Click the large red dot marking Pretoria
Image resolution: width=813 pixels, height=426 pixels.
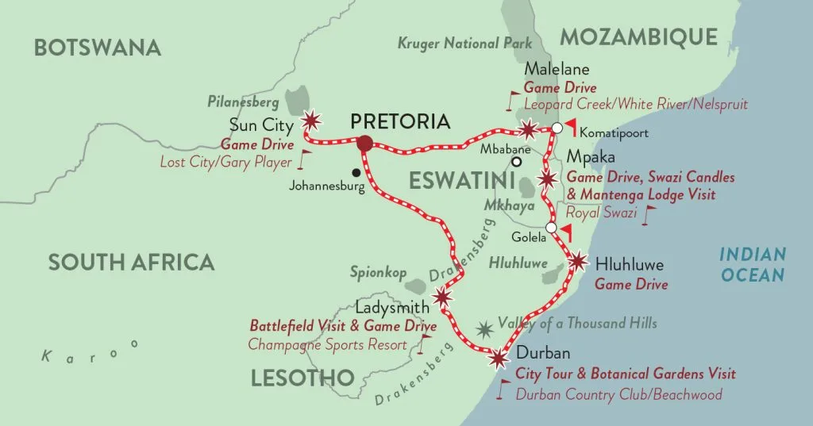click(364, 143)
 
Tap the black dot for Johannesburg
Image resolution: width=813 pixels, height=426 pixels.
click(356, 172)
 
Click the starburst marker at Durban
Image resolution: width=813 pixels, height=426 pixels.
click(499, 359)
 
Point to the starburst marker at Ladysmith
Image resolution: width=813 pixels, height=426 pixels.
click(442, 297)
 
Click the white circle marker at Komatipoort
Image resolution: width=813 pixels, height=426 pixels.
click(557, 128)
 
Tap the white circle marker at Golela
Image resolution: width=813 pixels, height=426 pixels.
click(551, 228)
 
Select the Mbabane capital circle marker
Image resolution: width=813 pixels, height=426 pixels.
click(516, 162)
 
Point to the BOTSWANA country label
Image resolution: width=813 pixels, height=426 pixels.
click(98, 48)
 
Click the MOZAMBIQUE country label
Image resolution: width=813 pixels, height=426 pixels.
click(639, 36)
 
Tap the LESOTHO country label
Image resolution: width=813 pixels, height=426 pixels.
click(302, 378)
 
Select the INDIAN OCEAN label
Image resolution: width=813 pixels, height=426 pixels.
click(752, 265)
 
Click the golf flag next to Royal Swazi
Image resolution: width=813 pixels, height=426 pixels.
click(651, 213)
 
